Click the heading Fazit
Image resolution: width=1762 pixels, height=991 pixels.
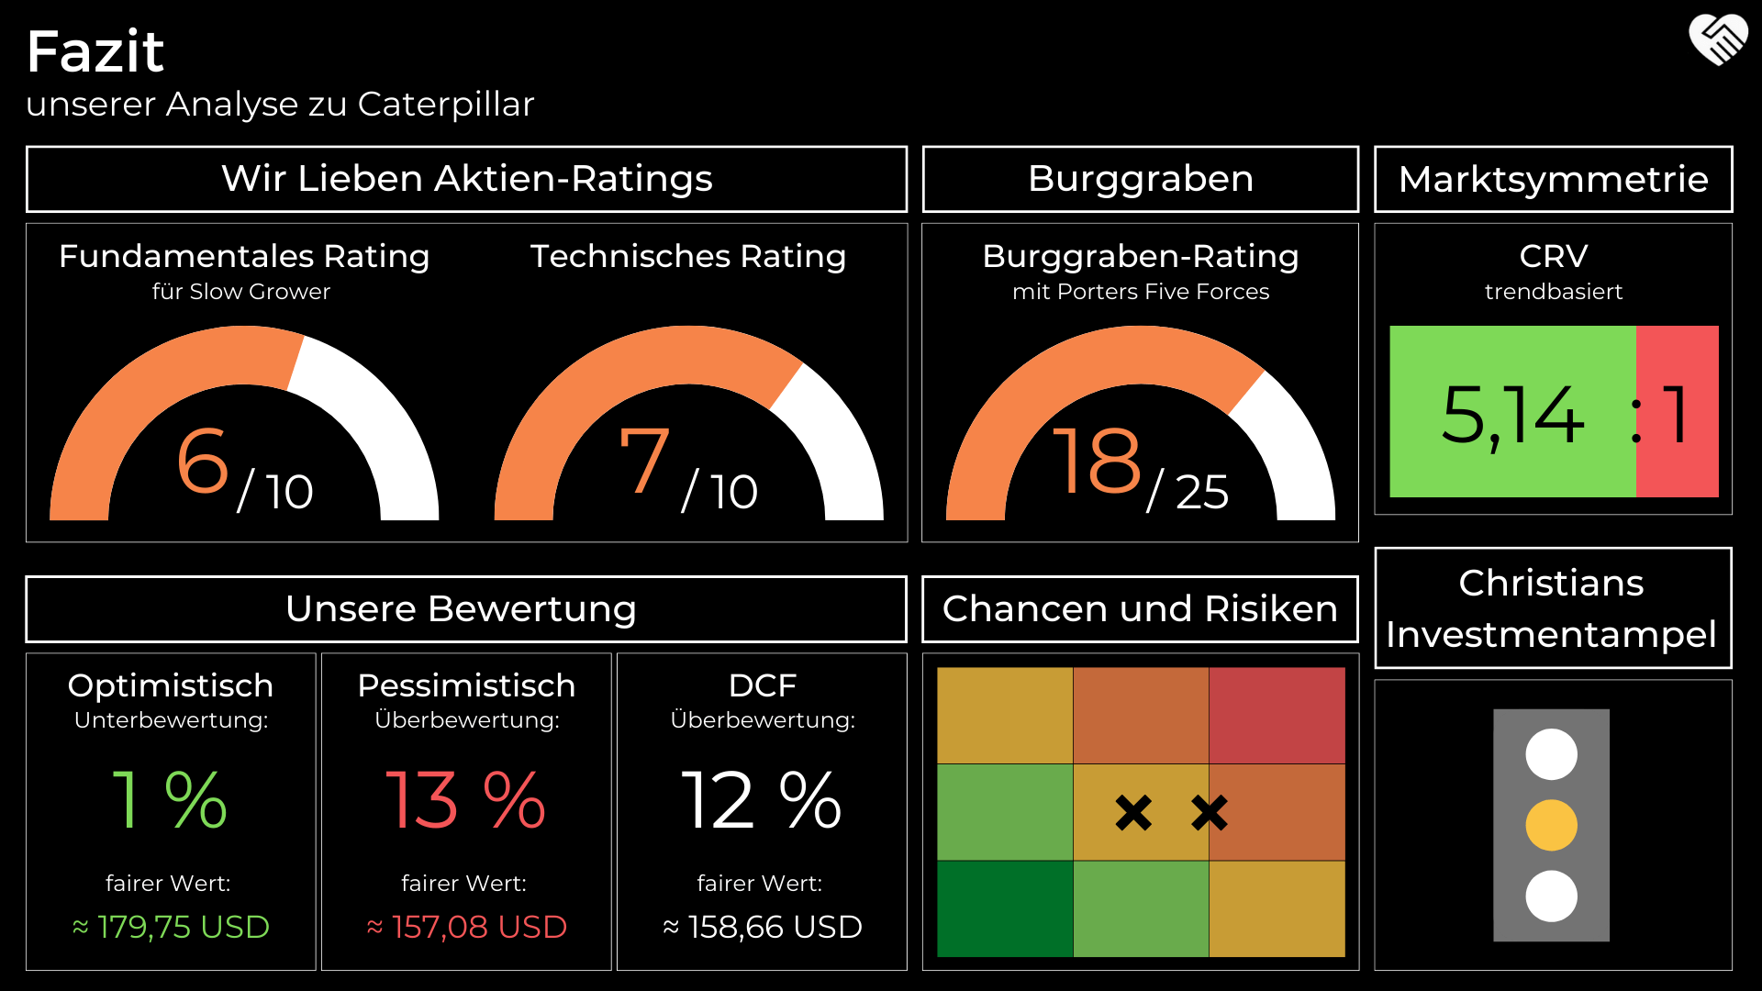(x=95, y=51)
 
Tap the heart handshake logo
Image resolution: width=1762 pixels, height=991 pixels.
(x=1718, y=40)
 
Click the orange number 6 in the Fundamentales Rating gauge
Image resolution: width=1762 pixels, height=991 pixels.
(x=203, y=461)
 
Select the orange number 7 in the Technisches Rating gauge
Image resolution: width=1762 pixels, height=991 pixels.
(x=644, y=461)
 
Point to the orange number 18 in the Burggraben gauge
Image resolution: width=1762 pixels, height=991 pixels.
(x=1096, y=461)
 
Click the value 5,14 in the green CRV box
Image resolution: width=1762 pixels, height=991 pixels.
(x=1512, y=415)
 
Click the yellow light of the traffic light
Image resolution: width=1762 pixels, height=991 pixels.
(x=1551, y=825)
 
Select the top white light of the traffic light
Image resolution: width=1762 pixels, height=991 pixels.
(x=1551, y=754)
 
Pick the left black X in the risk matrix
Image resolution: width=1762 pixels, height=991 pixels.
(x=1133, y=812)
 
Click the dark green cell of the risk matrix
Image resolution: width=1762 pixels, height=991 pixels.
(x=1005, y=908)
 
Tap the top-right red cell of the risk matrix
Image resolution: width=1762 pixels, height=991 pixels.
(x=1277, y=716)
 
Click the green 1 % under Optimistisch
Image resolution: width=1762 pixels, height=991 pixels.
(x=170, y=800)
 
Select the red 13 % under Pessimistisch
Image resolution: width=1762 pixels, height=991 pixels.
(x=465, y=800)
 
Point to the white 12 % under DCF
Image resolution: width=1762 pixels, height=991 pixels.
(x=761, y=800)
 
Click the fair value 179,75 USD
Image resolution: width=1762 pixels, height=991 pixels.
(x=183, y=927)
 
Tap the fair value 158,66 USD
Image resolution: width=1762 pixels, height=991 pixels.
(x=775, y=927)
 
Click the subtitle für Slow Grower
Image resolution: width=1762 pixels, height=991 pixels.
(x=240, y=292)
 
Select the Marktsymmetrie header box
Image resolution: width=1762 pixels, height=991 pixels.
(x=1553, y=179)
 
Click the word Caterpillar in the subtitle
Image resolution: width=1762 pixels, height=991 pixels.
(x=445, y=105)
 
